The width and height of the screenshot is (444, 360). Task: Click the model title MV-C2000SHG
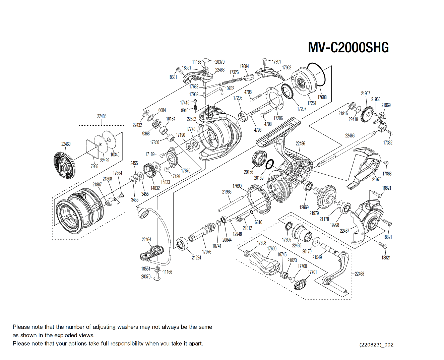348,48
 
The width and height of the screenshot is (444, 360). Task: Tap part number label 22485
102,116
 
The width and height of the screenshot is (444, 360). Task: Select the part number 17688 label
322,97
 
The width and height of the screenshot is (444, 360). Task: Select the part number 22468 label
359,274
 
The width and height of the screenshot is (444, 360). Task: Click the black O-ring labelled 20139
269,164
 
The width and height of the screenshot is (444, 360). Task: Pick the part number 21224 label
196,258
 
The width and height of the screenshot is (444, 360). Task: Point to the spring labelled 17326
232,80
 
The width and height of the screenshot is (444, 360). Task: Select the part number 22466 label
350,136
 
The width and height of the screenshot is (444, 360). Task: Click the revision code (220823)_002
376,345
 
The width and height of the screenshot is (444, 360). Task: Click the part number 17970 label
376,179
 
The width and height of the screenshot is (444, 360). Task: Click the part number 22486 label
300,143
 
